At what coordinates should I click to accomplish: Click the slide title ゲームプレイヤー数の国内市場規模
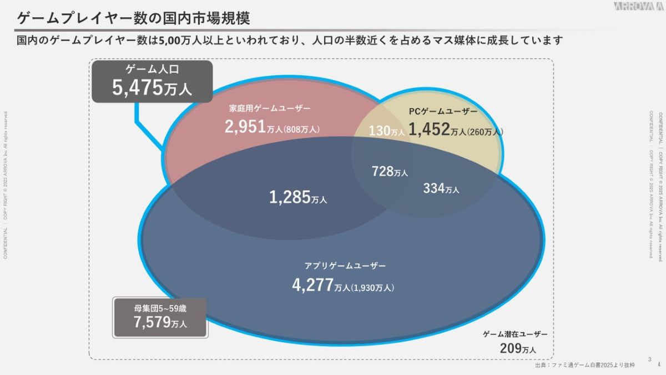click(133, 18)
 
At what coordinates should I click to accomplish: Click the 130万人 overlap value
click(387, 132)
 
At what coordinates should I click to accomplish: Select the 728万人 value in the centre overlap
click(390, 172)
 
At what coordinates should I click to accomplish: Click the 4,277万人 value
click(321, 285)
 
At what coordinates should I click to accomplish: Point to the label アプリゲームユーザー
click(345, 266)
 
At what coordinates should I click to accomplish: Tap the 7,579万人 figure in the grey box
click(160, 322)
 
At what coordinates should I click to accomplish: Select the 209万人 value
click(518, 348)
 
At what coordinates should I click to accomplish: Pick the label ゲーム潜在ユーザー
click(515, 334)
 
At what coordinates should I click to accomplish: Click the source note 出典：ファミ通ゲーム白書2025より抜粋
click(584, 366)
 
